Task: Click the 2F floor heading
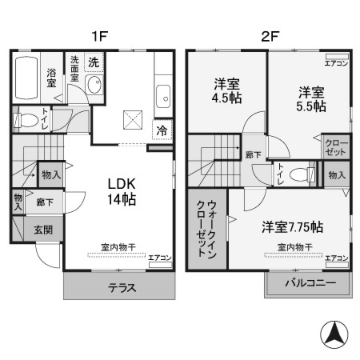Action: pyautogui.click(x=269, y=36)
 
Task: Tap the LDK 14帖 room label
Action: pyautogui.click(x=122, y=190)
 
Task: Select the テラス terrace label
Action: pyautogui.click(x=118, y=288)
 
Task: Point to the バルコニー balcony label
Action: pyautogui.click(x=308, y=283)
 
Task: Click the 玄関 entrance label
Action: pyautogui.click(x=42, y=229)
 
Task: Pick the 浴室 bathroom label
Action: pyautogui.click(x=50, y=76)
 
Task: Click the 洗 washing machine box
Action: pyautogui.click(x=94, y=62)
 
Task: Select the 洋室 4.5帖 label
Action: pyautogui.click(x=227, y=90)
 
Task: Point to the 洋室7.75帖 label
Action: pyautogui.click(x=293, y=226)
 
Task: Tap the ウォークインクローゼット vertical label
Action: pyautogui.click(x=205, y=228)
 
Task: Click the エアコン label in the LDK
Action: pyautogui.click(x=158, y=258)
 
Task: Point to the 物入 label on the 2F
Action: pyautogui.click(x=336, y=175)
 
